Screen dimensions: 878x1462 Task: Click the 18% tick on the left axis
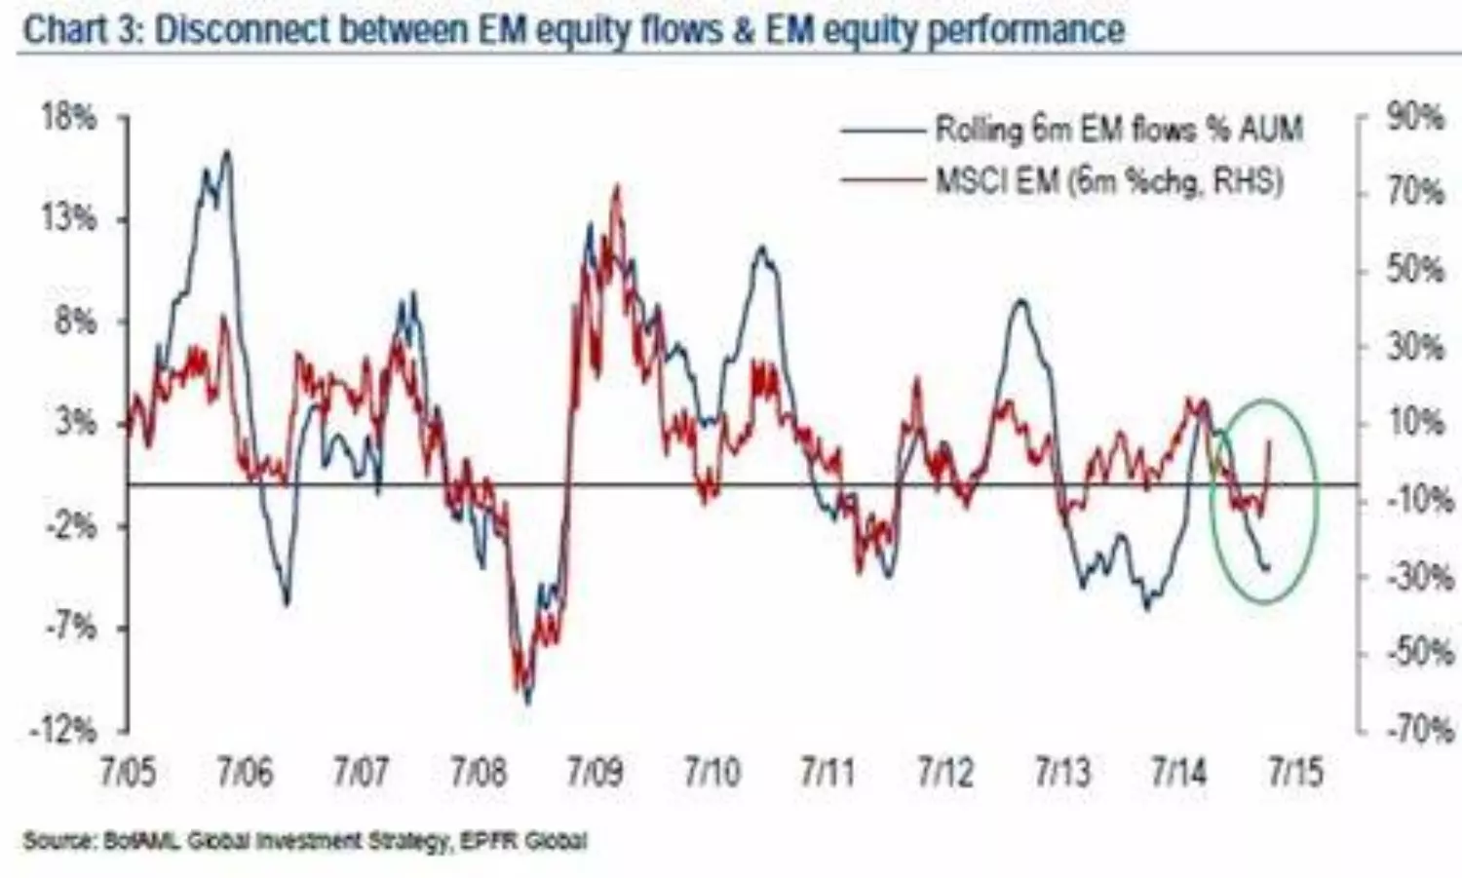pos(69,119)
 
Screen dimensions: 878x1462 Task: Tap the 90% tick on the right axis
pos(1414,119)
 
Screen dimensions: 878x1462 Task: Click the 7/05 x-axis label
pos(127,773)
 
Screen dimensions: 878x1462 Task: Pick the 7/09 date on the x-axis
pos(595,773)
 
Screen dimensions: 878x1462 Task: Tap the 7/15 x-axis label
pos(1295,773)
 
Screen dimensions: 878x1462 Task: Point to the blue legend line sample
pos(881,130)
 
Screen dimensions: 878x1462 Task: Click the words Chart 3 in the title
pos(81,29)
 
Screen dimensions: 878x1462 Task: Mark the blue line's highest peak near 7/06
pos(227,151)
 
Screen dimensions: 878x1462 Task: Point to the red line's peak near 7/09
pos(616,186)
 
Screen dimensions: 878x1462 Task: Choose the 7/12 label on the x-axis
pos(944,773)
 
